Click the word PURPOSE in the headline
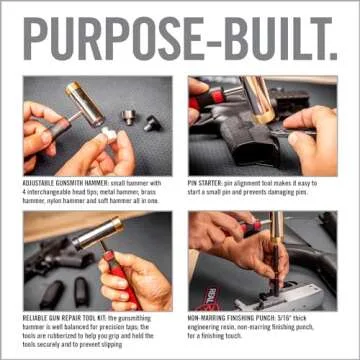110,38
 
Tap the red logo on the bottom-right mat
207,296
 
